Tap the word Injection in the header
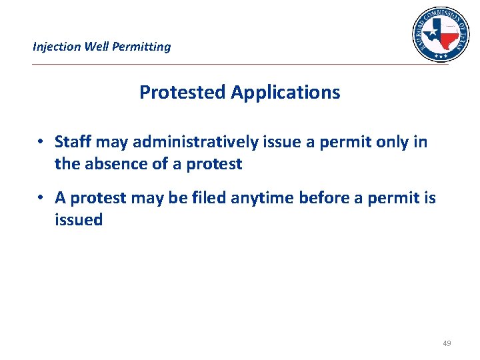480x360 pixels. [x=57, y=47]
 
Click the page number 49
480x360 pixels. [x=447, y=343]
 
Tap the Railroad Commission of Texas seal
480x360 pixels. [x=440, y=33]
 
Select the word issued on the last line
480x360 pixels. [x=79, y=219]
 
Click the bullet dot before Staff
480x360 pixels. [x=41, y=142]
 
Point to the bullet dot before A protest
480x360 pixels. [x=41, y=198]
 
